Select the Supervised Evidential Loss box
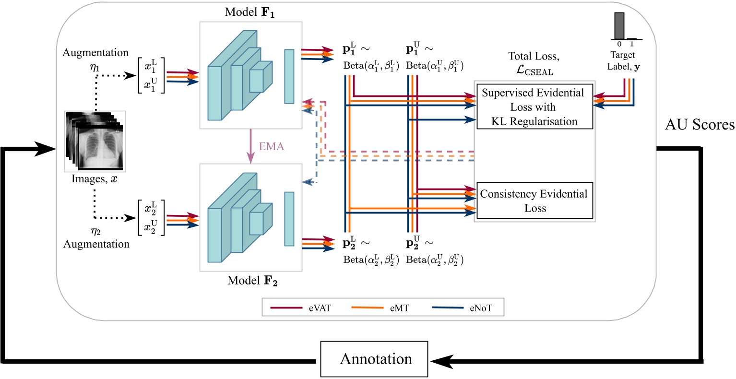click(x=534, y=107)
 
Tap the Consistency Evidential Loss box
click(x=534, y=201)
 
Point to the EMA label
click(x=272, y=146)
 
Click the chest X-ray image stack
click(x=95, y=141)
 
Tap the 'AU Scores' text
click(x=700, y=125)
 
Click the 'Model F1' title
click(x=249, y=12)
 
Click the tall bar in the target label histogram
click(x=619, y=26)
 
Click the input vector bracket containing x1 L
click(x=151, y=75)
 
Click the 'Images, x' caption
click(x=95, y=179)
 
